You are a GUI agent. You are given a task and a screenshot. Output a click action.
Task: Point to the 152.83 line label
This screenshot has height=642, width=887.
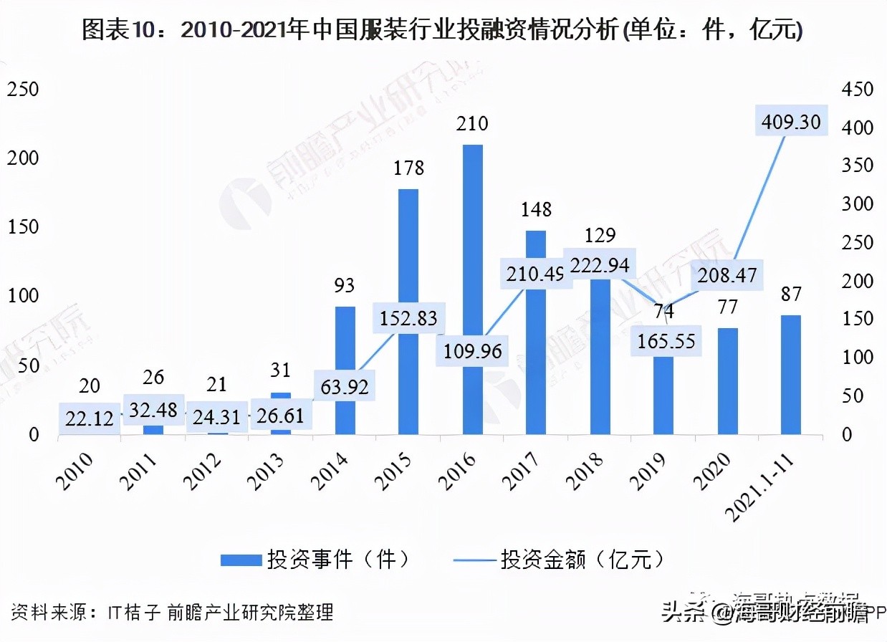pyautogui.click(x=408, y=318)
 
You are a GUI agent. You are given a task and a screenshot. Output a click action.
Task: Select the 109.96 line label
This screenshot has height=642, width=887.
pyautogui.click(x=472, y=351)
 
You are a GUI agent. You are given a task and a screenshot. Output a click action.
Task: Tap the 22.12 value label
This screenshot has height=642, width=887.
pyautogui.click(x=88, y=419)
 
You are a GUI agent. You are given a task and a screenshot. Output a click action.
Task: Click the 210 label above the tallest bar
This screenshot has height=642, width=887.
pyautogui.click(x=472, y=124)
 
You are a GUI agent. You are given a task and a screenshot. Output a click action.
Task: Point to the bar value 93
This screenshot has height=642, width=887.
pyautogui.click(x=345, y=286)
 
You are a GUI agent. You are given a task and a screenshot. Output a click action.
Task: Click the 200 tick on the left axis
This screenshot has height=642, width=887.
pyautogui.click(x=23, y=158)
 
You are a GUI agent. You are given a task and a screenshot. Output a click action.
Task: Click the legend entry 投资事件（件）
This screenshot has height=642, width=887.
pyautogui.click(x=316, y=559)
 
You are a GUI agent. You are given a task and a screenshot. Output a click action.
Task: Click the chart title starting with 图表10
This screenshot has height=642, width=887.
pyautogui.click(x=443, y=30)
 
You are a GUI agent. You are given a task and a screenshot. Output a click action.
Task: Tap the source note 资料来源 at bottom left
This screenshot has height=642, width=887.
pyautogui.click(x=172, y=613)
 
